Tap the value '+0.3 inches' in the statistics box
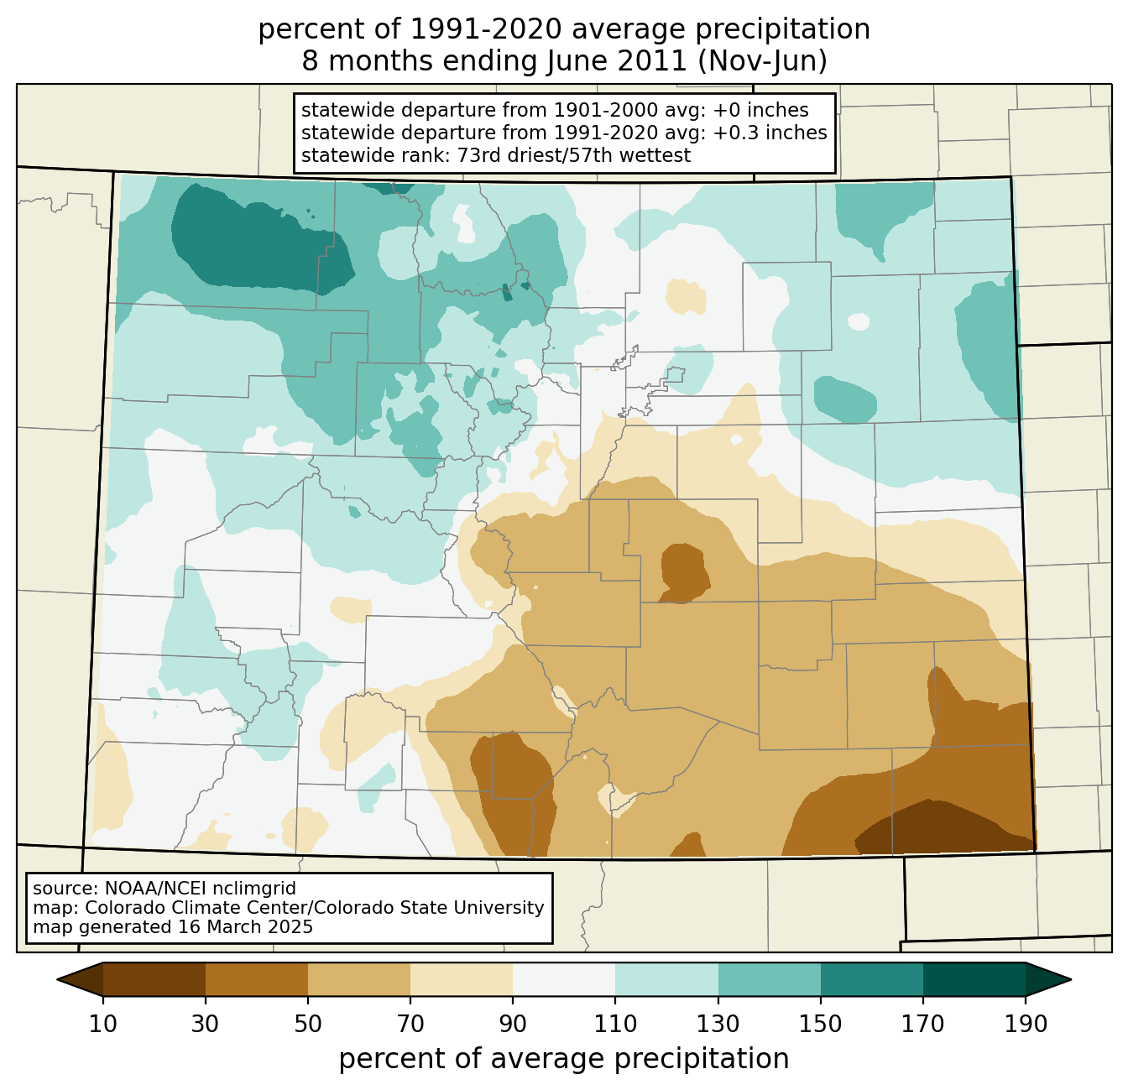click(x=770, y=133)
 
